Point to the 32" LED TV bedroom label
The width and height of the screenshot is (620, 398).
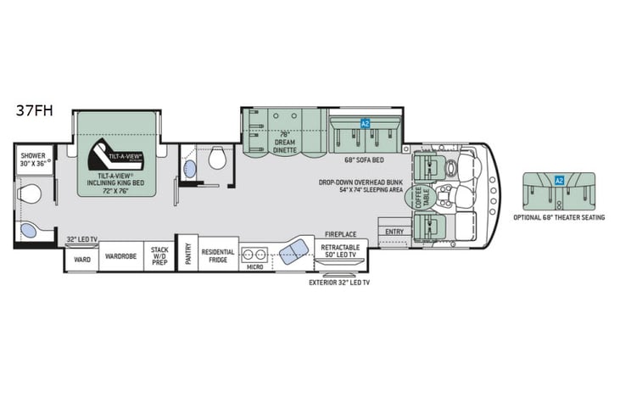pyautogui.click(x=81, y=240)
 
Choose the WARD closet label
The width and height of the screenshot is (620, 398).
pyautogui.click(x=81, y=260)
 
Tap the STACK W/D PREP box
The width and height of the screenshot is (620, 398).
pyautogui.click(x=159, y=256)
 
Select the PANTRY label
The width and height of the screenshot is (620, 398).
pyautogui.click(x=188, y=255)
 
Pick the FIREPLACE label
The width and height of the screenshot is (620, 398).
pyautogui.click(x=339, y=235)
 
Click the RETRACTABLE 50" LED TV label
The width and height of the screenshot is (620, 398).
pyautogui.click(x=339, y=251)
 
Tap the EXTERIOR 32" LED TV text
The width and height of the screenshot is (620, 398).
pyautogui.click(x=339, y=282)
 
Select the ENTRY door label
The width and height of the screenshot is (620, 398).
pyautogui.click(x=394, y=231)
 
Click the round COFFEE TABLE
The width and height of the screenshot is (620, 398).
pyautogui.click(x=417, y=198)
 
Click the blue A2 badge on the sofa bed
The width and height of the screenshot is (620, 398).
pyautogui.click(x=366, y=124)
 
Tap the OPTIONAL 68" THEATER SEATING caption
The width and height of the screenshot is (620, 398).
pyautogui.click(x=558, y=216)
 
